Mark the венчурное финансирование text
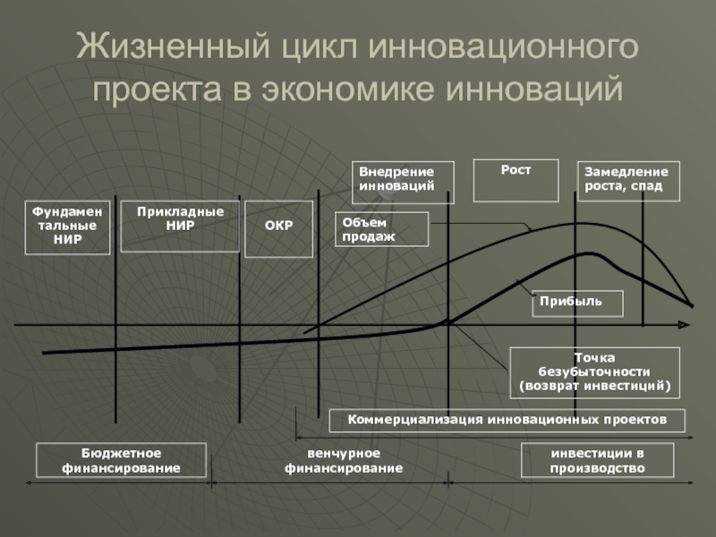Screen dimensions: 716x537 click(344, 460)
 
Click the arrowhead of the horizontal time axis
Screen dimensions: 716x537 click(684, 325)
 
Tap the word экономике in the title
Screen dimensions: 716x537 click(348, 89)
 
